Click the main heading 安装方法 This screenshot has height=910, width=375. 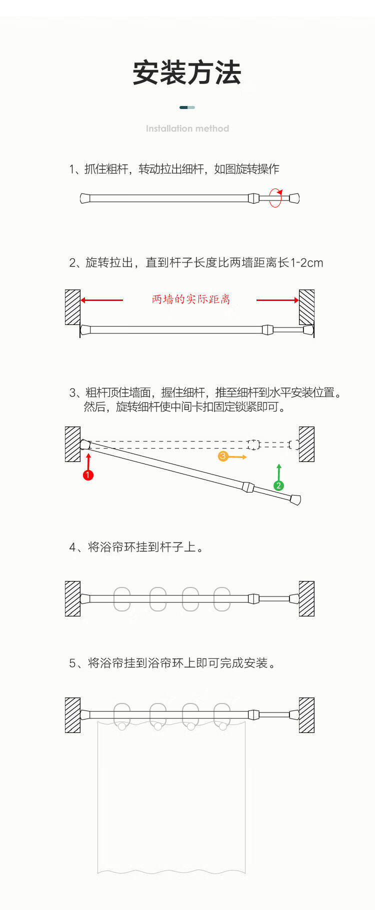coord(187,73)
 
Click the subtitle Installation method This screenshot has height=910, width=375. coord(187,128)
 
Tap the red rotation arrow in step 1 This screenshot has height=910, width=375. coord(275,198)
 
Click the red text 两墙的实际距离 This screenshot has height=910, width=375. coord(191,299)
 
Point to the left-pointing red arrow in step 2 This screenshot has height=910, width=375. coord(101,300)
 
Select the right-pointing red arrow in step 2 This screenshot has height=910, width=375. coord(277,300)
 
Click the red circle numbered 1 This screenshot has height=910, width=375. coord(88,474)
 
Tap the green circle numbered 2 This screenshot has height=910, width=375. coord(278,485)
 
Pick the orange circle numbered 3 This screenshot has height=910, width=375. coord(223,456)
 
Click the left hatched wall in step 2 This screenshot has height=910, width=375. coord(72,307)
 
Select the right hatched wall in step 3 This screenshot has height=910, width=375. coord(306,444)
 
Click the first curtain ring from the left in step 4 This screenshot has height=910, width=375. coord(122,598)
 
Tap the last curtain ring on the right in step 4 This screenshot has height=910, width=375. coord(222,598)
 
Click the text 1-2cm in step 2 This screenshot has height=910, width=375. coord(306,262)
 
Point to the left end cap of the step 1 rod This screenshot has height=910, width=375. coord(85,198)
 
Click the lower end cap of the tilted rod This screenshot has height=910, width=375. coord(295,499)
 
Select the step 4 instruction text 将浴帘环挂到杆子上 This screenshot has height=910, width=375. coord(142,547)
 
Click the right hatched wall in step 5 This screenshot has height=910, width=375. coord(306,715)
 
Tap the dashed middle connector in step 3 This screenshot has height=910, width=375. coord(253,444)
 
